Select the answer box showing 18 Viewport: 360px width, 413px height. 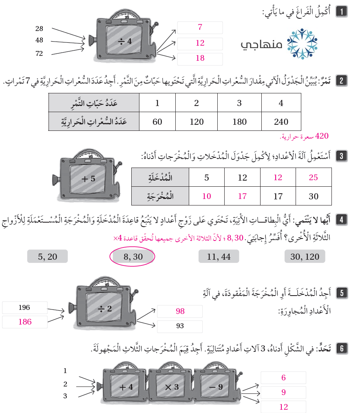pyautogui.click(x=200, y=58)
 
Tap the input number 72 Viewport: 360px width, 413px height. pyautogui.click(x=39, y=53)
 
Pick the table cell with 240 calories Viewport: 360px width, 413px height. pyautogui.click(x=281, y=121)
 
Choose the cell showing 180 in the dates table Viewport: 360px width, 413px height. pyautogui.click(x=239, y=121)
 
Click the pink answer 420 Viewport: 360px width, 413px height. pyautogui.click(x=322, y=136)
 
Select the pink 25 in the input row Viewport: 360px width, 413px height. pyautogui.click(x=314, y=177)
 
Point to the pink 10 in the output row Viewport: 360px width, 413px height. pyautogui.click(x=207, y=196)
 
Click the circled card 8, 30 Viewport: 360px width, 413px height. pyautogui.click(x=133, y=256)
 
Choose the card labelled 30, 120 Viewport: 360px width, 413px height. pyautogui.click(x=305, y=256)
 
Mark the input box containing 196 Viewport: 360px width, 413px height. pyautogui.click(x=24, y=308)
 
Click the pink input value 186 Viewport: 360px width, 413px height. pyautogui.click(x=24, y=322)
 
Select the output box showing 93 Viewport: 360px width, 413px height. pyautogui.click(x=180, y=326)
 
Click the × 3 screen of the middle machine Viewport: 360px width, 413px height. pyautogui.click(x=172, y=387)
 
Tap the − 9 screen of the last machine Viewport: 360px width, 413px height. pyautogui.click(x=217, y=387)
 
